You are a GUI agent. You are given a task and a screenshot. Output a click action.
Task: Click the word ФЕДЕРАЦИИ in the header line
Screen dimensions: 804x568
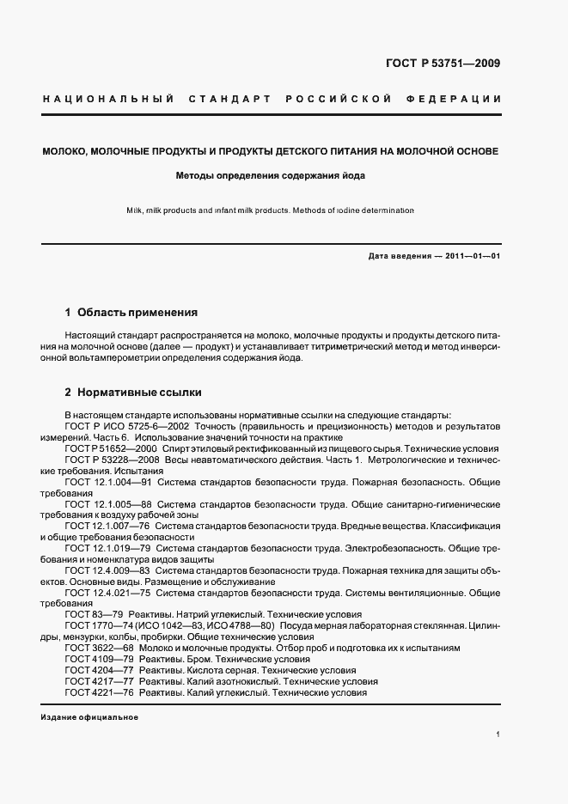[459, 99]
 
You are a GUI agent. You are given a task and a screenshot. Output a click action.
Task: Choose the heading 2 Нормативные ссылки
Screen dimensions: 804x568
[133, 393]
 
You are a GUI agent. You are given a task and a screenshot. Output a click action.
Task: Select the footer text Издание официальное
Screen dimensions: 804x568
[89, 716]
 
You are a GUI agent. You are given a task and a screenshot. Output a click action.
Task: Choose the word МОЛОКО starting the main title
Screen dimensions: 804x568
[67, 151]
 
